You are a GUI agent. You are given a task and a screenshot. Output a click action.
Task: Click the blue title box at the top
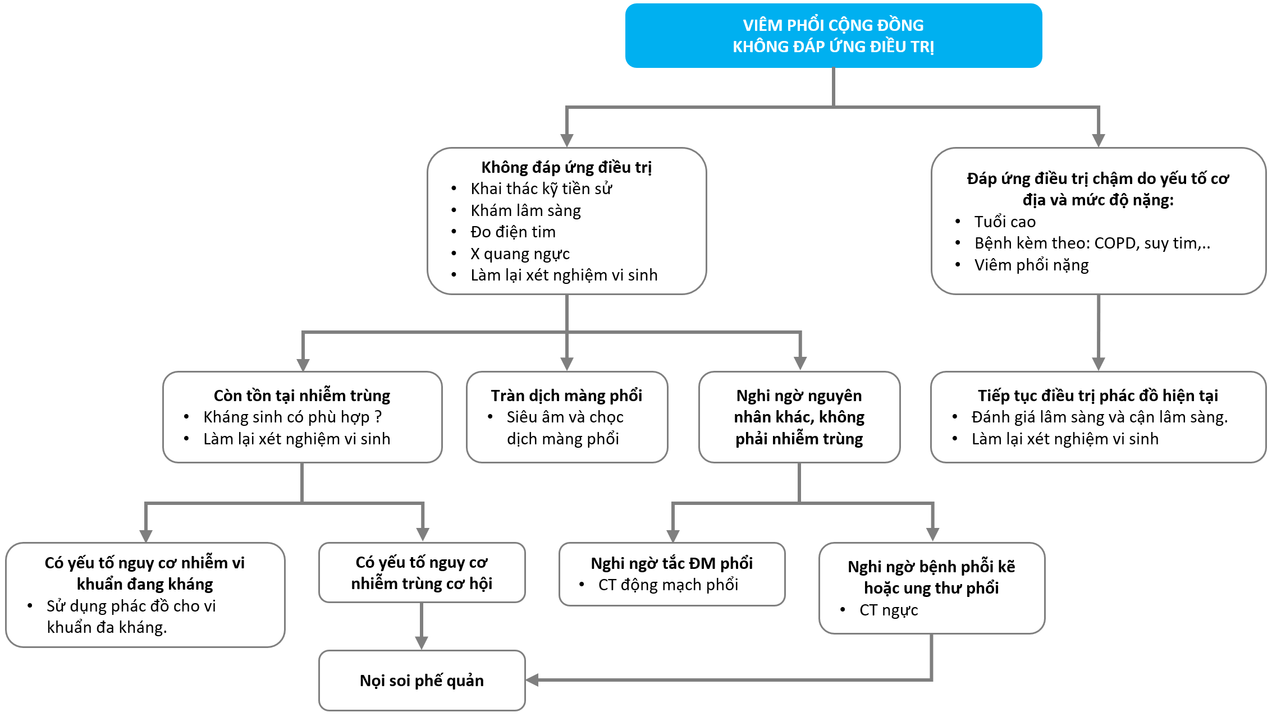click(833, 36)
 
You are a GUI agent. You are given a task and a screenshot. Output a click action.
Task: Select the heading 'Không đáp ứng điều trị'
click(566, 167)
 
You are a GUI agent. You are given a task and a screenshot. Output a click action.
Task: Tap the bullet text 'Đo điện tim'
click(513, 232)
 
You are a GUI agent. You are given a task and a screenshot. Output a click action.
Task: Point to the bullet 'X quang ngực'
click(520, 254)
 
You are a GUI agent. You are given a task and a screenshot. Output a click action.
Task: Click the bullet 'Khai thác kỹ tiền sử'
click(541, 189)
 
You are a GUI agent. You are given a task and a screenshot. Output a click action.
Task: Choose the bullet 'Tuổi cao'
click(1005, 222)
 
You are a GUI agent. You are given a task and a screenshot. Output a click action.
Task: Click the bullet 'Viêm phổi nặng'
click(1031, 265)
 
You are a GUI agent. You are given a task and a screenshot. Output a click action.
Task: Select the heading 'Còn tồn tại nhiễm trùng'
click(302, 396)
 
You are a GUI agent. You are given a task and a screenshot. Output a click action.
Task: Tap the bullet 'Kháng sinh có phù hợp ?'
click(292, 417)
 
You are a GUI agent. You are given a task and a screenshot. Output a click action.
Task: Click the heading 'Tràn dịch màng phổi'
click(566, 396)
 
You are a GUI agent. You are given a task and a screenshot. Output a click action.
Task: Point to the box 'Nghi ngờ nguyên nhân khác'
click(799, 417)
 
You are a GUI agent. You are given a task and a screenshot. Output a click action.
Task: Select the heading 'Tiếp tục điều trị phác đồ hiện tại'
click(1097, 396)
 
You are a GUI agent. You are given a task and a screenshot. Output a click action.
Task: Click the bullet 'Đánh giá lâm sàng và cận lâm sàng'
click(1099, 417)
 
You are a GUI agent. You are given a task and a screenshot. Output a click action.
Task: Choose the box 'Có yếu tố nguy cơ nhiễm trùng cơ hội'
click(422, 572)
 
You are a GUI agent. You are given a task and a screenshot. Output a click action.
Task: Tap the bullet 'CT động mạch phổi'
click(668, 585)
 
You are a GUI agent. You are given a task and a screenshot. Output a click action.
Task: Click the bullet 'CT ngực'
click(889, 610)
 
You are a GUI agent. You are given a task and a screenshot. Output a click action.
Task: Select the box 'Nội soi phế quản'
click(422, 681)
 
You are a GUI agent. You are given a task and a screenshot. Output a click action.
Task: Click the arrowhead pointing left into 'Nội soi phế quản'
click(532, 680)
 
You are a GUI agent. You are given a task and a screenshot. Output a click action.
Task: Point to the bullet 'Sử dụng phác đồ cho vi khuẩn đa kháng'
click(131, 617)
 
